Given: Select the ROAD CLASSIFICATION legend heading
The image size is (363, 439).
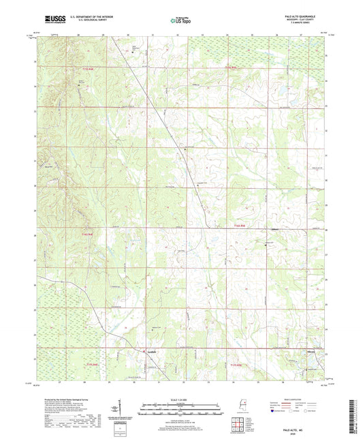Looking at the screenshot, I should pyautogui.click(x=302, y=397).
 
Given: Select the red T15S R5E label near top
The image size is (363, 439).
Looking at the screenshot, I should pyautogui.click(x=234, y=67).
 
